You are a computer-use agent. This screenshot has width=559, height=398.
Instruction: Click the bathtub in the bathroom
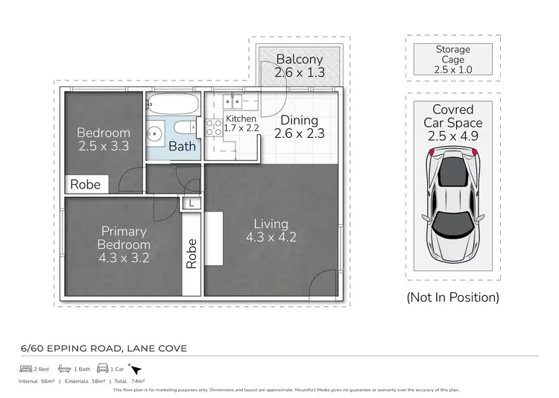click(173, 104)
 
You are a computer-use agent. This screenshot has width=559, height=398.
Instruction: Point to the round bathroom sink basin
click(156, 135)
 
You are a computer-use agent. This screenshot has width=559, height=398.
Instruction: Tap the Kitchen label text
click(241, 119)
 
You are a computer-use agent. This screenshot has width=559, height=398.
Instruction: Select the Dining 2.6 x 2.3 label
click(299, 127)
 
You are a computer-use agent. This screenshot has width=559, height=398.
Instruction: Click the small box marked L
click(192, 202)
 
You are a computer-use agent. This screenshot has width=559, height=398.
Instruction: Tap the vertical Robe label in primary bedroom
click(192, 253)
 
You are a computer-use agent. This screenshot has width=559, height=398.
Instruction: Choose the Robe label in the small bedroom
click(85, 184)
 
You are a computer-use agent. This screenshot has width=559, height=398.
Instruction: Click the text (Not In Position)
click(452, 297)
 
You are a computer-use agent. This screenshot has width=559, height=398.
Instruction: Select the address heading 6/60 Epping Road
click(103, 347)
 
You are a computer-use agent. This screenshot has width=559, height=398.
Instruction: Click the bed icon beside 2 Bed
click(25, 368)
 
